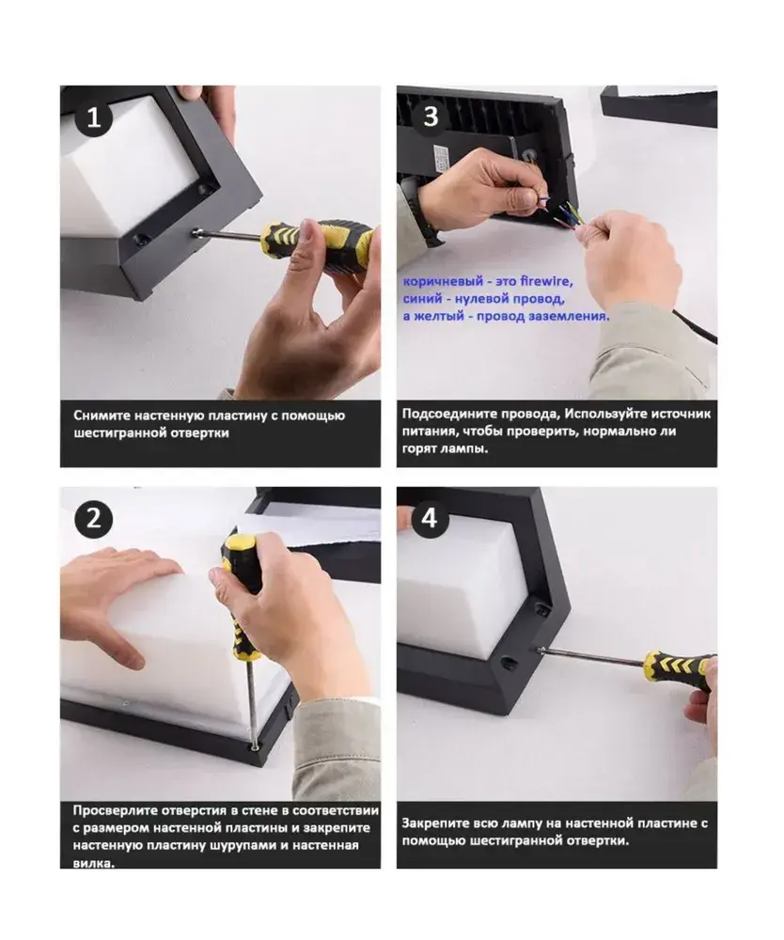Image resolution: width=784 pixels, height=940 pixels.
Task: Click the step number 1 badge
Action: (x=94, y=117)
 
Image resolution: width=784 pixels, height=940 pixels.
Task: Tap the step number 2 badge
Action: (x=94, y=519)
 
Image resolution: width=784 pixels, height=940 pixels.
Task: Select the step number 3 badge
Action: (x=431, y=117)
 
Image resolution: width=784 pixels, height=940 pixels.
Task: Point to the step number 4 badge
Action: (x=430, y=518)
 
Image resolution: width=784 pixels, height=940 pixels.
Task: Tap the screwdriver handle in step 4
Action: (x=678, y=666)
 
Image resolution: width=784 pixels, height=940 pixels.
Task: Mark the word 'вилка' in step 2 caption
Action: (x=93, y=863)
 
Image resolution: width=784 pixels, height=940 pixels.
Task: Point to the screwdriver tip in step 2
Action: (x=256, y=746)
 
